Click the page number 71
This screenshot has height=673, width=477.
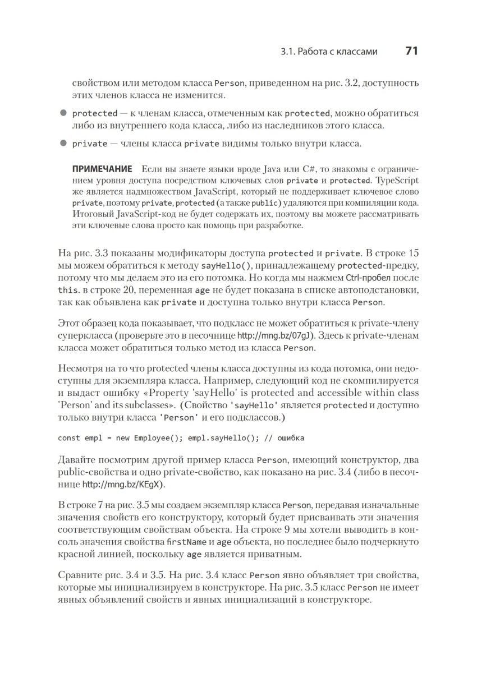411,51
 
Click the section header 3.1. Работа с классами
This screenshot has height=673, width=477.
329,52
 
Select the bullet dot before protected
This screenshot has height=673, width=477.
63,113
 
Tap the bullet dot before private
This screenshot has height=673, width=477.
63,143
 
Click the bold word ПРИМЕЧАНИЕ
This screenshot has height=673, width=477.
102,169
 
